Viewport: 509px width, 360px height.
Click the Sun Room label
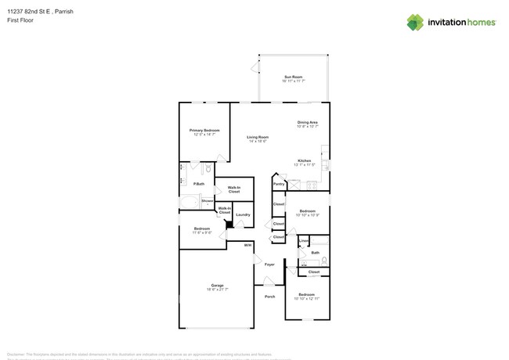point(294,77)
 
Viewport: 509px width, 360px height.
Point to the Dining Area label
point(307,122)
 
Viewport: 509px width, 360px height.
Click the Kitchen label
point(305,160)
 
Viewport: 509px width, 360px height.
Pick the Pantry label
point(279,185)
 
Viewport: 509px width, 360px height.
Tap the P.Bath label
point(198,184)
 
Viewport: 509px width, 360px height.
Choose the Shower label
point(208,201)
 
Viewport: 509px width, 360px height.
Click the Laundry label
point(243,215)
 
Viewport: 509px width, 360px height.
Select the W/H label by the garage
point(247,246)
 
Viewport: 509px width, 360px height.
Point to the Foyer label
point(269,265)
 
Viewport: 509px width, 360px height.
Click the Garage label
point(217,285)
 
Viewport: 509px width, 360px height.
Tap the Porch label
point(269,297)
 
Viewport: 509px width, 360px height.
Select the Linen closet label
point(303,240)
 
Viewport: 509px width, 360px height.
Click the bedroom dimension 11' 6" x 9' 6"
point(203,233)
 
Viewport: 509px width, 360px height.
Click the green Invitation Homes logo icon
point(415,22)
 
